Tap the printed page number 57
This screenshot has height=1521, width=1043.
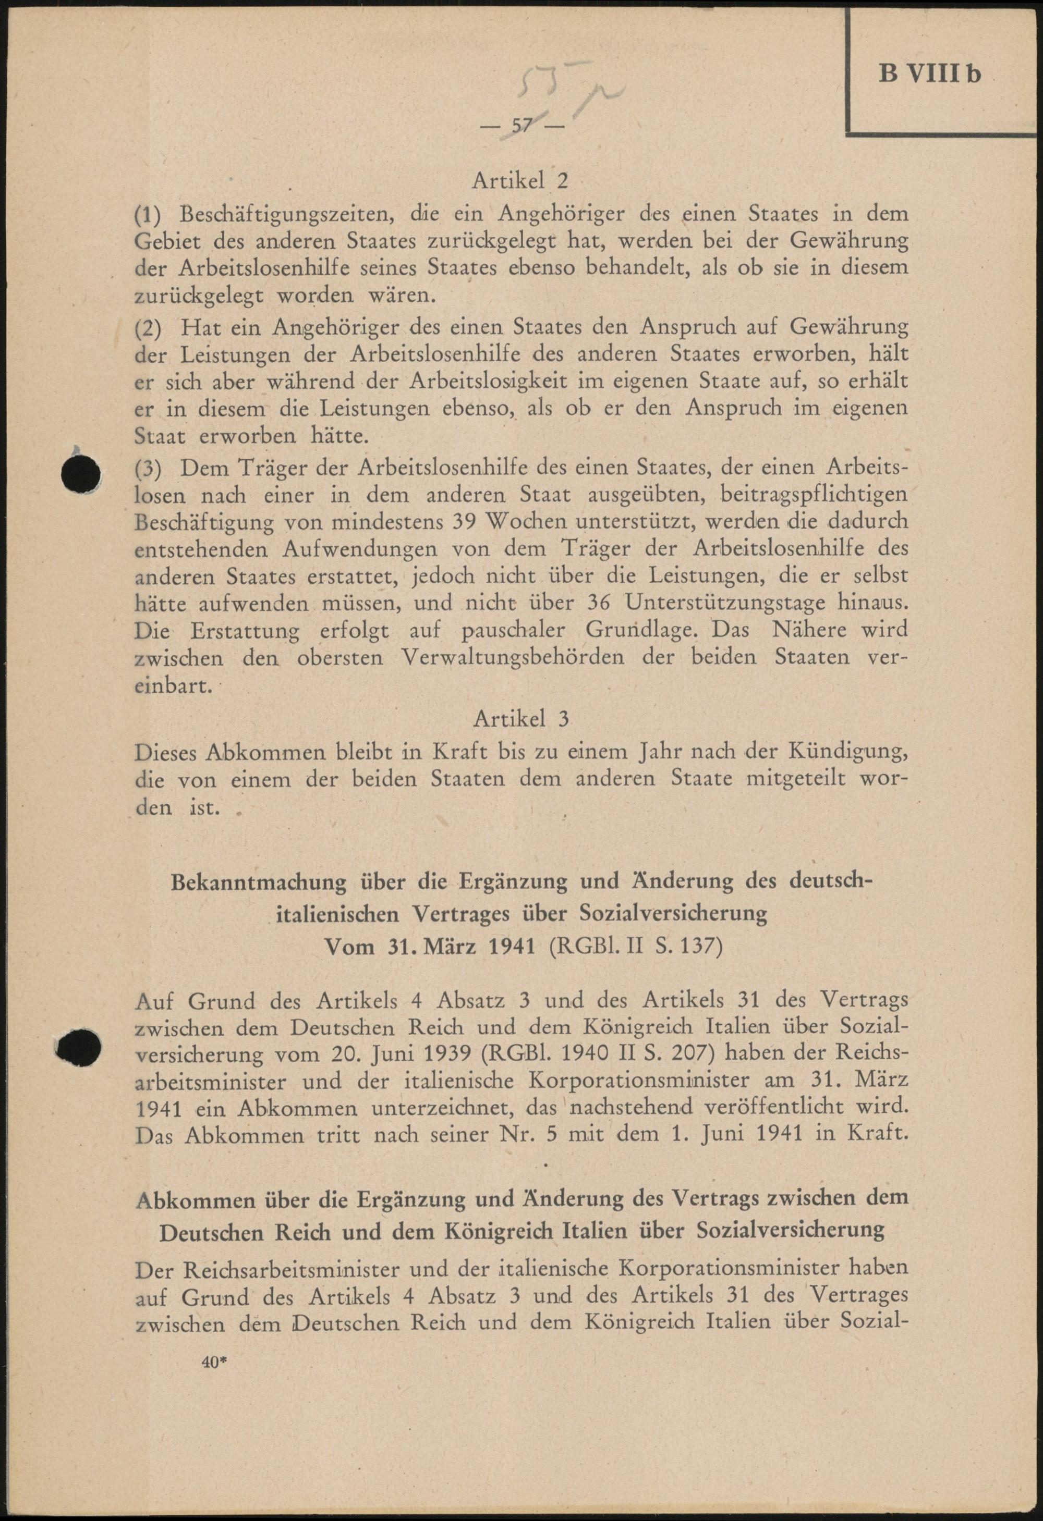pos(523,126)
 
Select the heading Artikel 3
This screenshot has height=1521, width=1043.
pos(521,719)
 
